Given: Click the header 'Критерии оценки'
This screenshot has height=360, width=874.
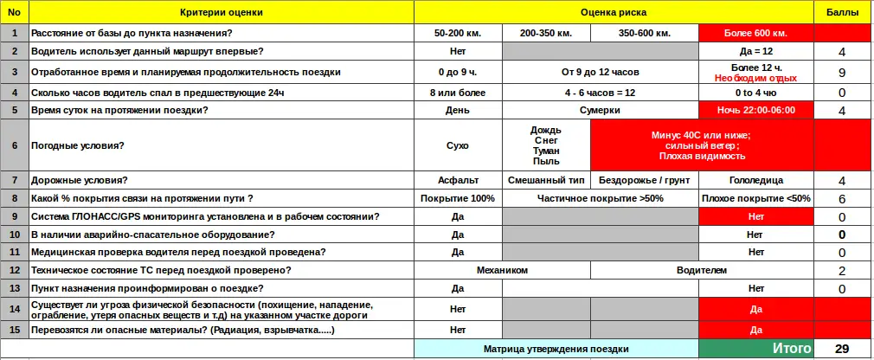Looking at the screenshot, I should click(x=222, y=13).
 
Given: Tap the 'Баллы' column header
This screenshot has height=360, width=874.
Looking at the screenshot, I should click(x=842, y=13).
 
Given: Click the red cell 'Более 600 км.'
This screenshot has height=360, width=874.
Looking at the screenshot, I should click(x=755, y=33).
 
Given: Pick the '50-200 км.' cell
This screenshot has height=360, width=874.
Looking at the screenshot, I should click(x=458, y=33).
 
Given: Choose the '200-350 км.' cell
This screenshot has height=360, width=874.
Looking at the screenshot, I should click(x=545, y=33).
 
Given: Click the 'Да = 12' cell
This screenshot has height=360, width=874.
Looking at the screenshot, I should click(x=755, y=52).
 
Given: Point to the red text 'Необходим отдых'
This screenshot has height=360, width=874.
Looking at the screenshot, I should click(x=755, y=78).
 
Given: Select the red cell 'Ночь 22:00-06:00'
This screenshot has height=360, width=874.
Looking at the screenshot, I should click(x=755, y=110).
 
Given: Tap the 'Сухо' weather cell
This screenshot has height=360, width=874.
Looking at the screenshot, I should click(x=458, y=145).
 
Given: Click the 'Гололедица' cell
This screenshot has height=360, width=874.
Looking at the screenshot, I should click(x=755, y=180).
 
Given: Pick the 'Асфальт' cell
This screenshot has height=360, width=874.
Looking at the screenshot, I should click(x=458, y=180).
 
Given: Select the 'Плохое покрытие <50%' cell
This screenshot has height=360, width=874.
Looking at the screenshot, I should click(x=755, y=198).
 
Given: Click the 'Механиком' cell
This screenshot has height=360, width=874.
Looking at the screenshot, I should click(x=502, y=270).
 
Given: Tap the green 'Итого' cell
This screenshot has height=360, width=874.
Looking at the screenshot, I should click(x=755, y=349).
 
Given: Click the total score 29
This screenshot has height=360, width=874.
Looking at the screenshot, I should click(x=842, y=349).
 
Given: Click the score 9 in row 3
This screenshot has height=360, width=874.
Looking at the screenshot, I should click(x=842, y=73).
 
